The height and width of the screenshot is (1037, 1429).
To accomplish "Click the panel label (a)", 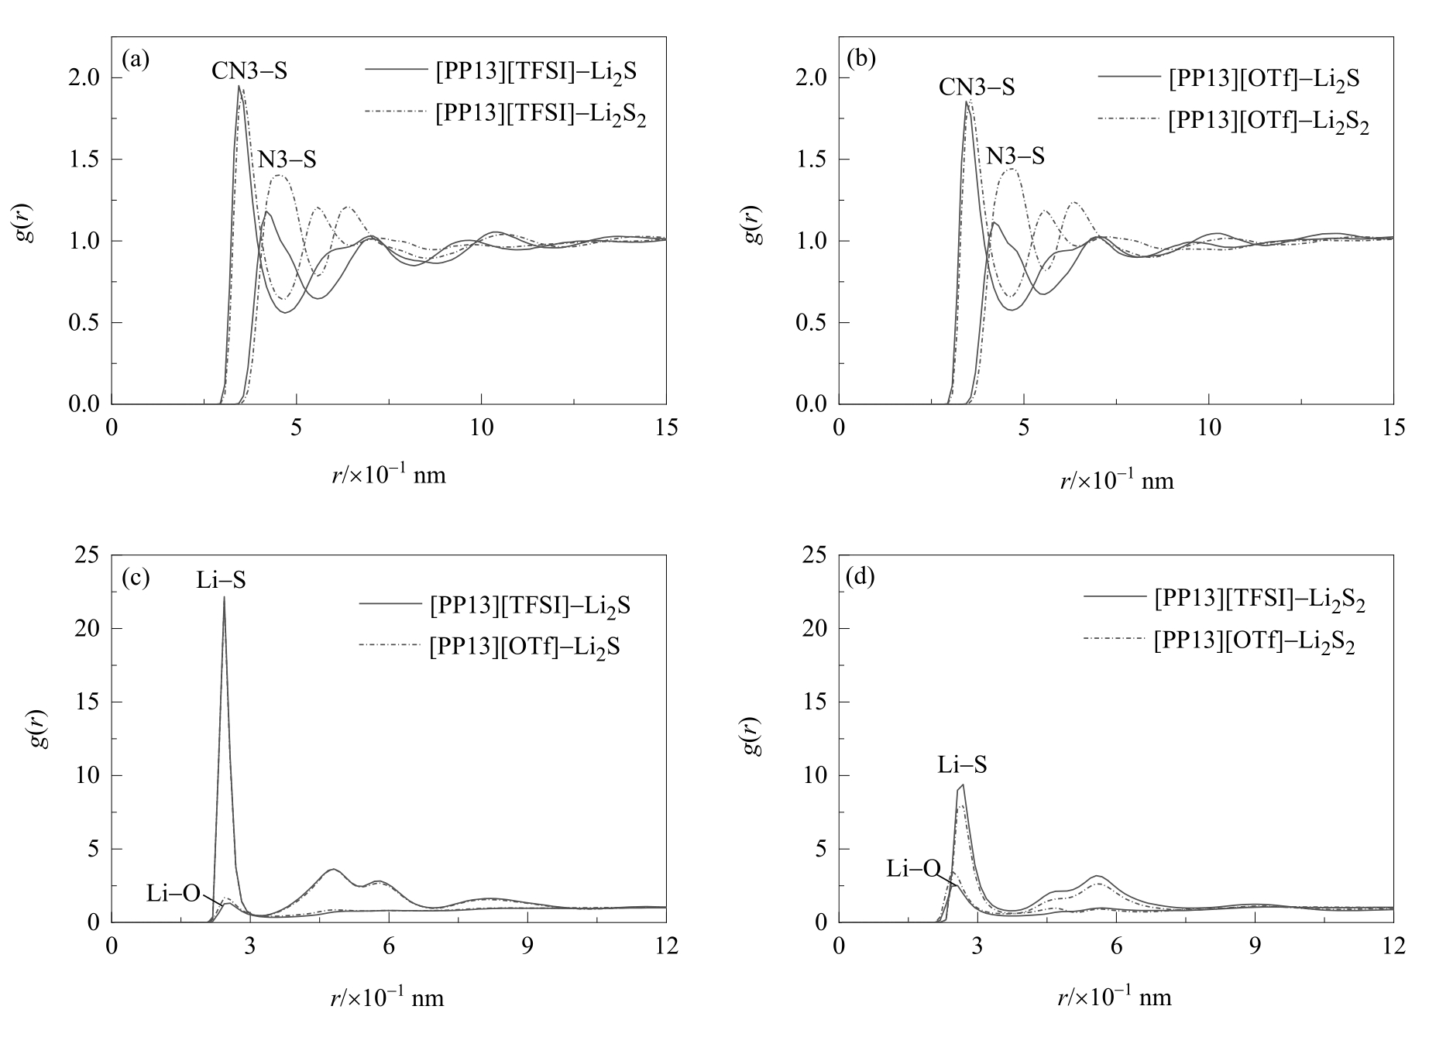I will pyautogui.click(x=136, y=60).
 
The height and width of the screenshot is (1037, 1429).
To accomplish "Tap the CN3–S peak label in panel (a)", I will pyautogui.click(x=249, y=71).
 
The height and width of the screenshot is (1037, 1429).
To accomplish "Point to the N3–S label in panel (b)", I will pyautogui.click(x=1015, y=156).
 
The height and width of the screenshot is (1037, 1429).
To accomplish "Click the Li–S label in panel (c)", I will pyautogui.click(x=221, y=579).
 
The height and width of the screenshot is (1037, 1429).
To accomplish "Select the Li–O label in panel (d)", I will pyautogui.click(x=913, y=869).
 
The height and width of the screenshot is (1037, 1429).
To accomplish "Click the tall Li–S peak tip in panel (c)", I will pyautogui.click(x=224, y=597).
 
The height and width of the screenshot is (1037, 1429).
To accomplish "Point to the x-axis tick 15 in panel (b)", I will pyautogui.click(x=1393, y=427).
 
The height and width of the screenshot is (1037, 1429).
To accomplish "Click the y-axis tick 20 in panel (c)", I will pyautogui.click(x=88, y=628).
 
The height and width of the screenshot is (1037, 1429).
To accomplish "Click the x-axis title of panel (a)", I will pyautogui.click(x=389, y=474).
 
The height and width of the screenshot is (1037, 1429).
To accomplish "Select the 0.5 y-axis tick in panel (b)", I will pyautogui.click(x=813, y=323).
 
